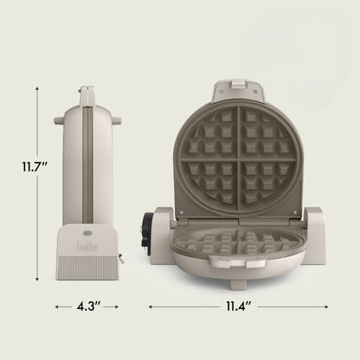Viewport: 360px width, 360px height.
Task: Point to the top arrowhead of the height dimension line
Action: (37, 87)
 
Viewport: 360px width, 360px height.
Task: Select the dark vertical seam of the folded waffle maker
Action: (87, 156)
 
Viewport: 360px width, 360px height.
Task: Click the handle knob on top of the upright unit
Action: (87, 91)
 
